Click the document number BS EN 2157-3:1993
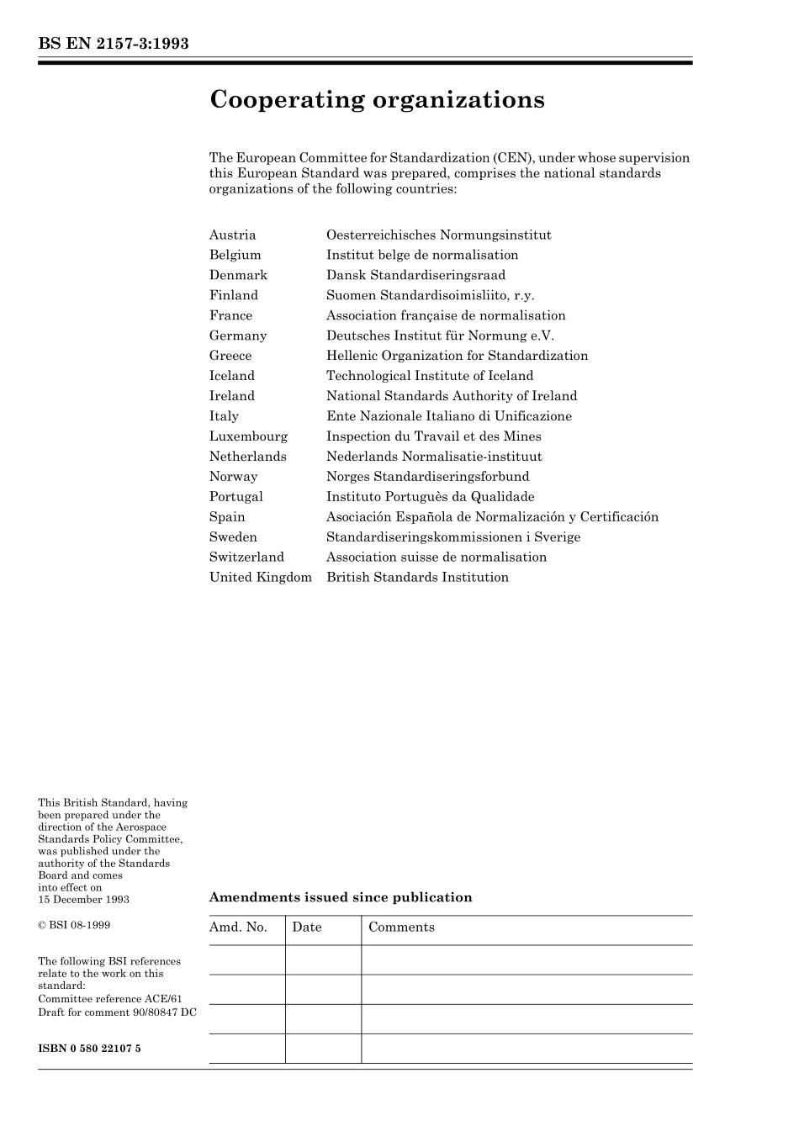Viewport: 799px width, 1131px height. tap(114, 44)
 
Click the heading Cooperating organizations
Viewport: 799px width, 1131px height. tap(377, 100)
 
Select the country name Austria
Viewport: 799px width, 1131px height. tap(232, 235)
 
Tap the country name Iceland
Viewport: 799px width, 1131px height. tap(231, 376)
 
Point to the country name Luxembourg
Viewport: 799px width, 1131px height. tap(248, 436)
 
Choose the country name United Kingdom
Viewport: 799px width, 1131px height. tap(260, 578)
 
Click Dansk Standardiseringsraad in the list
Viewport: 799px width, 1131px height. tap(415, 275)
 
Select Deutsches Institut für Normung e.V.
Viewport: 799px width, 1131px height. tap(440, 336)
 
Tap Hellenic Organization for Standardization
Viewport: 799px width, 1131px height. tap(457, 356)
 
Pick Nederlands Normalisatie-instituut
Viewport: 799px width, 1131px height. tap(434, 457)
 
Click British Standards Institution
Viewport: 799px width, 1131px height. tap(417, 578)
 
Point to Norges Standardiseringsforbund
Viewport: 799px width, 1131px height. tap(427, 477)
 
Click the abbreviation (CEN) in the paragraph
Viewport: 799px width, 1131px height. tap(511, 158)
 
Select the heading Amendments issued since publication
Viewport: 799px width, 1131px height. tap(340, 897)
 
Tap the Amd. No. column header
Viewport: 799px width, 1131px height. tap(238, 928)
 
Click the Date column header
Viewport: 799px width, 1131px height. tap(307, 928)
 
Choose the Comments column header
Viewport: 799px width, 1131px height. tap(401, 928)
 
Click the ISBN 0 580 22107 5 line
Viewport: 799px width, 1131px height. tap(89, 1049)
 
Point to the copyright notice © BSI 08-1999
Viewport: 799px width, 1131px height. tap(74, 925)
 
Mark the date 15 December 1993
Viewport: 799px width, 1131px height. tap(83, 900)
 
